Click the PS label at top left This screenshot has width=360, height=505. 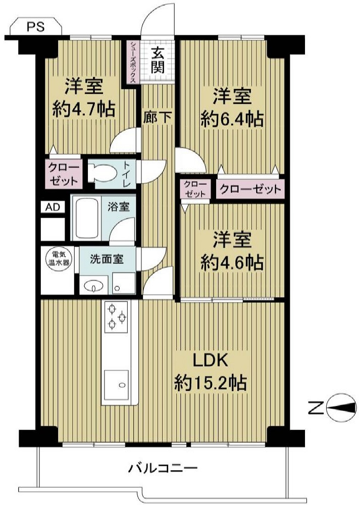(x=35, y=27)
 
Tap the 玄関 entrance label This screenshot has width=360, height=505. (x=158, y=61)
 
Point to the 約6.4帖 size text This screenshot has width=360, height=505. (x=232, y=120)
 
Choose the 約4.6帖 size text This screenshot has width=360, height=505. (x=232, y=263)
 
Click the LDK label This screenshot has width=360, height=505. (x=211, y=361)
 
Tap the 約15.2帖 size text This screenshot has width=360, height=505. (x=211, y=383)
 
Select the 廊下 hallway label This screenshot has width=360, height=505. (x=158, y=117)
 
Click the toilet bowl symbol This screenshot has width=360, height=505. (x=102, y=173)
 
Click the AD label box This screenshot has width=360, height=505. (x=53, y=207)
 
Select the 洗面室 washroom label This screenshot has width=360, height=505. (x=107, y=259)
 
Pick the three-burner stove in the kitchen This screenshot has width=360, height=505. (x=116, y=317)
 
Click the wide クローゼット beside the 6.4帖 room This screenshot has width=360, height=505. (x=250, y=189)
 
